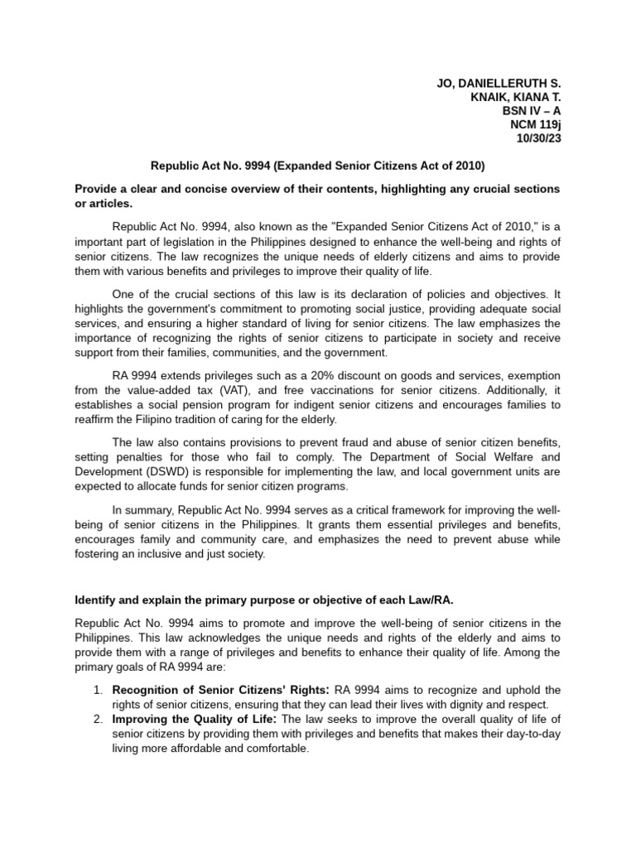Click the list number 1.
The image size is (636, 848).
[x=97, y=690]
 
